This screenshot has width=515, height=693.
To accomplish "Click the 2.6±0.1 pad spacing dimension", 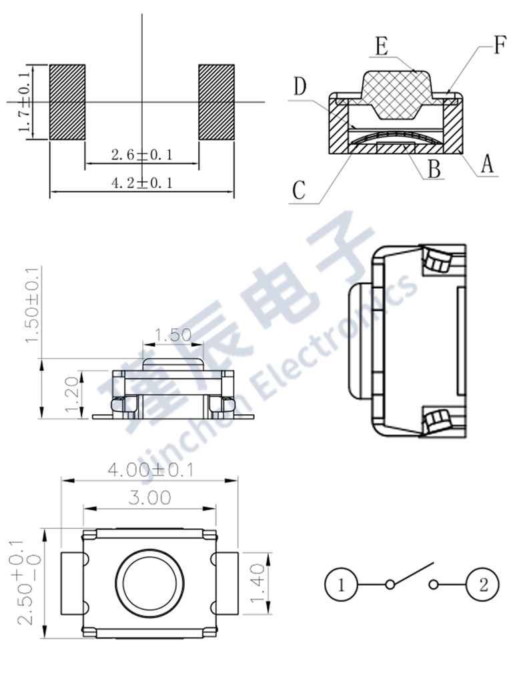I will [x=141, y=155].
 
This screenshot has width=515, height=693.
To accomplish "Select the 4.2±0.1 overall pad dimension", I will [x=141, y=182].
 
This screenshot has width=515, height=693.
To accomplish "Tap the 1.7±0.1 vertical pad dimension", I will [x=25, y=102].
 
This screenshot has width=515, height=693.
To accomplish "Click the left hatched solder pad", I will [x=68, y=102].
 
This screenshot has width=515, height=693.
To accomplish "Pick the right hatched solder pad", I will [x=217, y=102].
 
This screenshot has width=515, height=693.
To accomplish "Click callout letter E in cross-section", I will [x=382, y=46].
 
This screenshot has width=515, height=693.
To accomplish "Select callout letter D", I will [x=300, y=86].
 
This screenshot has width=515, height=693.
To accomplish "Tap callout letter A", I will [x=488, y=163].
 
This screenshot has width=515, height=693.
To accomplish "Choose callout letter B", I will [x=434, y=169].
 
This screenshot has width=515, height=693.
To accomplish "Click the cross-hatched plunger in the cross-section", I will [x=396, y=93].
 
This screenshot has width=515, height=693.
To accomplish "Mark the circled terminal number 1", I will [x=341, y=586].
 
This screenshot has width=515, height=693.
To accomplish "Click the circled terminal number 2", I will [x=483, y=586].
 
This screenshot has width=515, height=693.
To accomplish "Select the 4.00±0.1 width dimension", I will [x=150, y=470].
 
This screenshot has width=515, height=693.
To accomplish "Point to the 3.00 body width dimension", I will [x=149, y=498].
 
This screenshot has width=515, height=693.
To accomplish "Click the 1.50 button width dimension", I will [x=172, y=335].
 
